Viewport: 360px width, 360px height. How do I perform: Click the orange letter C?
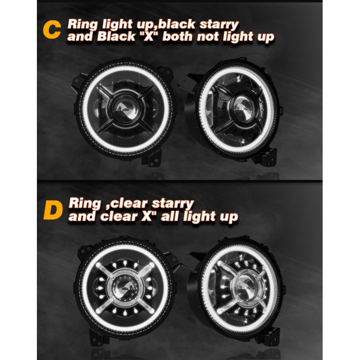pyautogui.click(x=52, y=30)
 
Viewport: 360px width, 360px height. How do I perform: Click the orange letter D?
pyautogui.click(x=53, y=210)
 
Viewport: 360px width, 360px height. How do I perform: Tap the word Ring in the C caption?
pyautogui.click(x=82, y=24)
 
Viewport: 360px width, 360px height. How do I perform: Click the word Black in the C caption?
pyautogui.click(x=116, y=36)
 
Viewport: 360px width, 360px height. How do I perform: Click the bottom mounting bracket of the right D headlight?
pyautogui.click(x=269, y=336)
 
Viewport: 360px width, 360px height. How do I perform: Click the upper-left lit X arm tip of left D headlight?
pyautogui.click(x=99, y=265)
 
